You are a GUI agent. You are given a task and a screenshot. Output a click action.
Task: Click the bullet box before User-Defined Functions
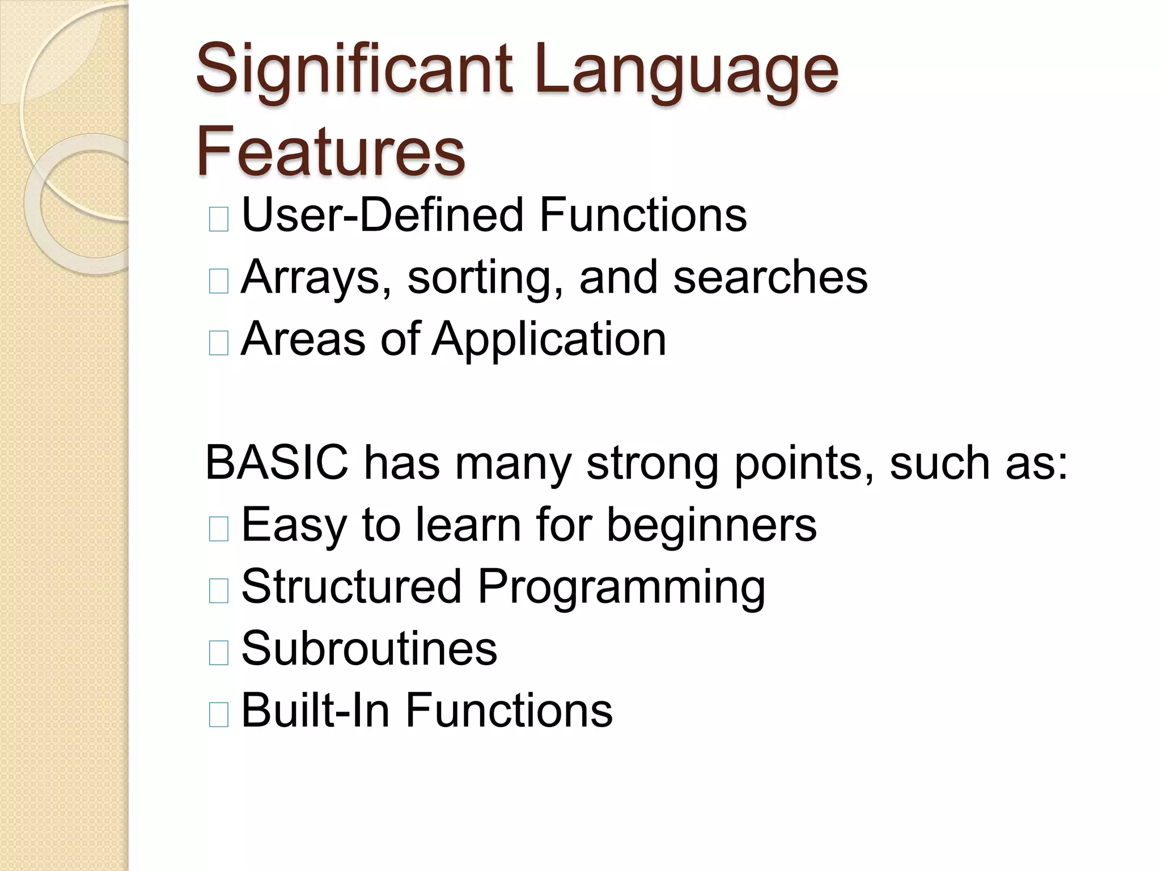point(219,219)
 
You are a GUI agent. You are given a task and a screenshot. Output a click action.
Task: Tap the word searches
point(770,277)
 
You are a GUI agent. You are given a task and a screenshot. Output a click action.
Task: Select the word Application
point(549,339)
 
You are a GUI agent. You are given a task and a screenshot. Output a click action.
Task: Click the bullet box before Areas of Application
point(219,343)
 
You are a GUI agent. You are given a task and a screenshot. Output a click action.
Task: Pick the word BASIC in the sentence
point(277,463)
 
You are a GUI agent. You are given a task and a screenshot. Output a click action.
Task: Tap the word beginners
point(711,525)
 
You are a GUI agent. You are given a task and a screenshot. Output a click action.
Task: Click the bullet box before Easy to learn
point(219,529)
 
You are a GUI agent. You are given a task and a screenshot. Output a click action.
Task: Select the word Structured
point(351,586)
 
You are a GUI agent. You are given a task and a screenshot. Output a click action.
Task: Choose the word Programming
point(621,586)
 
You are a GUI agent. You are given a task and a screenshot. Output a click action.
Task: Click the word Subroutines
point(369,648)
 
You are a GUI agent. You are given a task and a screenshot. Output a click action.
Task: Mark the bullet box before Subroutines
point(219,653)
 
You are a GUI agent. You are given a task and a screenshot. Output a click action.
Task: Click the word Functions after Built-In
point(509,710)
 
